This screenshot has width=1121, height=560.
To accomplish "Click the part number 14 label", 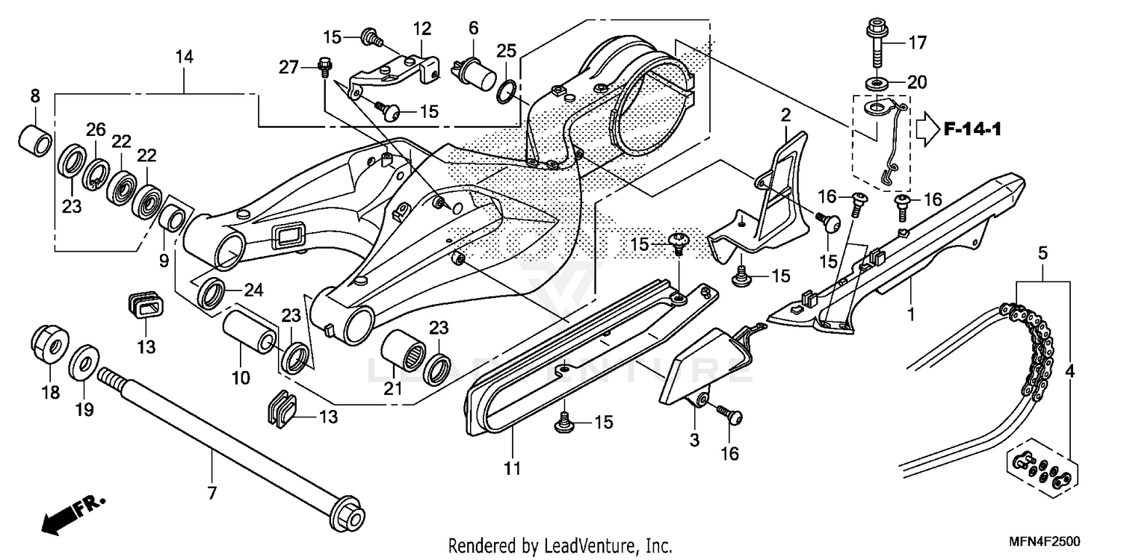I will pyautogui.click(x=184, y=57).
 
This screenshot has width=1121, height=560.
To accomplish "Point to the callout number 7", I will pyautogui.click(x=211, y=493).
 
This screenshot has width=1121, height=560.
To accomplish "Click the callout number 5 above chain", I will pyautogui.click(x=1042, y=253).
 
